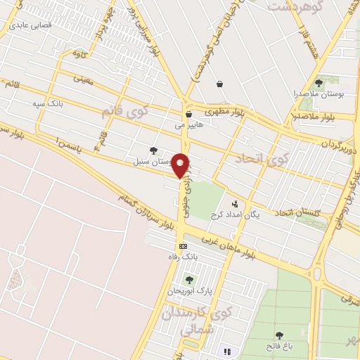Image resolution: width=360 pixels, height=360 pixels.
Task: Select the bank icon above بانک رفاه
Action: coord(183,246)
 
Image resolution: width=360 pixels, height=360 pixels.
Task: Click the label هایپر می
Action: coord(189,125)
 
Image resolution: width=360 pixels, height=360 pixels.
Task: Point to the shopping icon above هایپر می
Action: coord(188,114)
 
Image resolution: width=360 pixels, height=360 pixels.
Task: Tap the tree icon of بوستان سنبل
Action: coord(154,150)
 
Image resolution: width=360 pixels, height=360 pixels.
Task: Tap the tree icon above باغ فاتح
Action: coord(279,335)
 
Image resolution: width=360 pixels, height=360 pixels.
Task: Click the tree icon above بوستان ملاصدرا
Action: coord(321,82)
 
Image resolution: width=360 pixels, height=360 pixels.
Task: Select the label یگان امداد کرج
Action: coord(235,215)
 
